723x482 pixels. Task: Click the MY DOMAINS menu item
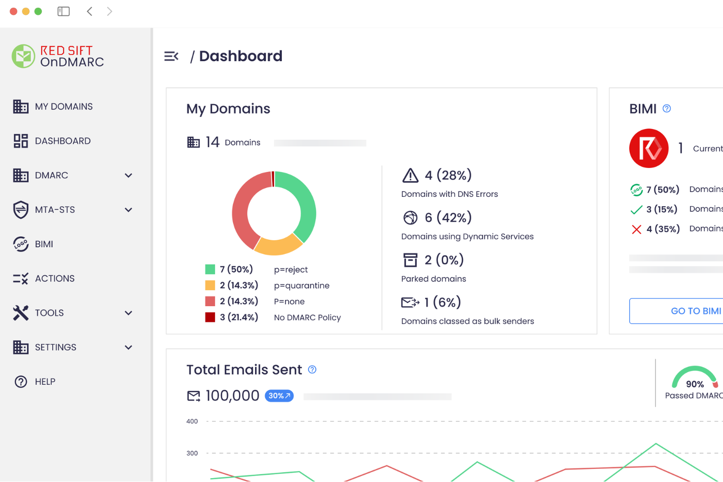pyautogui.click(x=64, y=106)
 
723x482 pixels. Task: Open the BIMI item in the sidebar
pyautogui.click(x=43, y=244)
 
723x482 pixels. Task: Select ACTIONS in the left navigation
pyautogui.click(x=54, y=278)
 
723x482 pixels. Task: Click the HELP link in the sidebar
pyautogui.click(x=44, y=381)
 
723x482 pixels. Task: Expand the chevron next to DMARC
pyautogui.click(x=128, y=175)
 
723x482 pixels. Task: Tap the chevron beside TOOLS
pyautogui.click(x=128, y=313)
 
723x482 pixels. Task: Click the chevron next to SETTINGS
pyautogui.click(x=128, y=347)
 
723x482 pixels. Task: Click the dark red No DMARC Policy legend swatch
pyautogui.click(x=210, y=317)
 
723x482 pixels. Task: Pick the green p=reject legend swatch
pyautogui.click(x=210, y=269)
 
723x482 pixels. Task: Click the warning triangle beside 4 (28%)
pyautogui.click(x=410, y=175)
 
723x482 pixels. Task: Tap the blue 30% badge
pyautogui.click(x=279, y=396)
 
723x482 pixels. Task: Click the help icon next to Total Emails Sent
pyautogui.click(x=312, y=370)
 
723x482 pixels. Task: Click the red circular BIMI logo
pyautogui.click(x=649, y=148)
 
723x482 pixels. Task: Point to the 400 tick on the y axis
pyautogui.click(x=192, y=421)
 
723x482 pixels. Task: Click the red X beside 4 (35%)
pyautogui.click(x=636, y=230)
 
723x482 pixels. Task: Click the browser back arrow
pyautogui.click(x=89, y=11)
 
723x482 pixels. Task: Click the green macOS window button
pyautogui.click(x=38, y=11)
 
